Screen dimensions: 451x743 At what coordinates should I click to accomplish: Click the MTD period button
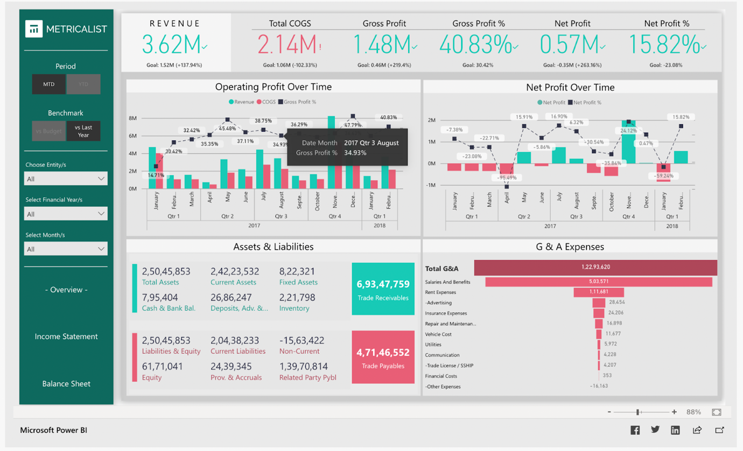click(48, 84)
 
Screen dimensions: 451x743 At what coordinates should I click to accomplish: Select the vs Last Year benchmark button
click(83, 131)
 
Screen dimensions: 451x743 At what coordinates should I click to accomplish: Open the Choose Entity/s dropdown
click(66, 178)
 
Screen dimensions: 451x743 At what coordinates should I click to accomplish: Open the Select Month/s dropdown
click(66, 249)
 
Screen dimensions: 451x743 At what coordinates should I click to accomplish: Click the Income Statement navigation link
click(66, 337)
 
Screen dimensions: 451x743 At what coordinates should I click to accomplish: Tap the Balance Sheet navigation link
click(66, 384)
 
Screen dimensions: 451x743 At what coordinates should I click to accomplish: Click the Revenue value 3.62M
click(172, 45)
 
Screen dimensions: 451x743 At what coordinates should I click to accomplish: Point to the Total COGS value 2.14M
click(287, 45)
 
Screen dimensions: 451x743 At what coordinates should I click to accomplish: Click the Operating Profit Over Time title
click(274, 87)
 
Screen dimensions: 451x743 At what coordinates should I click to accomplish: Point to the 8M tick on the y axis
click(132, 118)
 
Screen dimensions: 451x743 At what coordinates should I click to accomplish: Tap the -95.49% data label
click(507, 177)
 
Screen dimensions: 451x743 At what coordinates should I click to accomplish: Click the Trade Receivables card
click(383, 289)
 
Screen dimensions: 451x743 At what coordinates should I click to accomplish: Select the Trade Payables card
click(383, 357)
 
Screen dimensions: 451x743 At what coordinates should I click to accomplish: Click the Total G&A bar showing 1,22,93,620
click(595, 267)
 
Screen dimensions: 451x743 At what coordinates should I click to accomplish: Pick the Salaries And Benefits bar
click(598, 282)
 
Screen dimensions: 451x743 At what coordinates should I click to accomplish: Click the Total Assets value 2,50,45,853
click(166, 271)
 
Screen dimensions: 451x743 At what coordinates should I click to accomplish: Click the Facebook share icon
click(635, 430)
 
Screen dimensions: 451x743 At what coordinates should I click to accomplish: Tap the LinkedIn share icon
click(675, 430)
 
